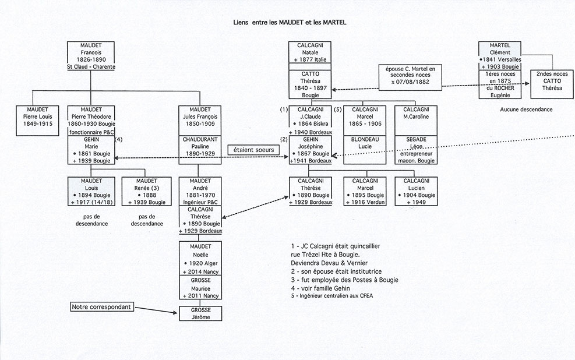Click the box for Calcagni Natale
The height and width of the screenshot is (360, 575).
click(x=310, y=55)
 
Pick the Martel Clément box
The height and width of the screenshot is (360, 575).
click(x=499, y=56)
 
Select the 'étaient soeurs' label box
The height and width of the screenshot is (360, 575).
click(x=252, y=149)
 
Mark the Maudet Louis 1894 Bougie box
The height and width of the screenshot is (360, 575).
click(x=90, y=192)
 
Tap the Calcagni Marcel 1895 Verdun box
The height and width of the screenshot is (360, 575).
click(x=365, y=192)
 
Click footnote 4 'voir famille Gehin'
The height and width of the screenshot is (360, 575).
click(x=324, y=288)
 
